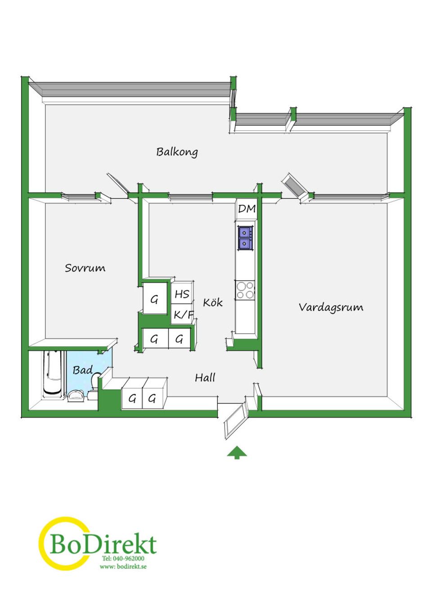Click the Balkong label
(x=177, y=152)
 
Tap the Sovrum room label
(x=85, y=268)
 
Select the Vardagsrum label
(x=331, y=307)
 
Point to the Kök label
(x=212, y=302)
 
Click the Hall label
(x=205, y=378)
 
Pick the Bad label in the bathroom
(x=82, y=370)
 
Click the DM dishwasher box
(x=247, y=209)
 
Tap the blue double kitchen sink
(x=245, y=238)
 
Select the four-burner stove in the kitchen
(x=245, y=290)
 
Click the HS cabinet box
(x=182, y=294)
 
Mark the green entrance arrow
(x=237, y=452)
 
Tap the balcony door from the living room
(x=294, y=185)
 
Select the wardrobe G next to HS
(x=154, y=299)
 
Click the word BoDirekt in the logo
(x=103, y=544)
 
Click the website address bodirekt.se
(x=123, y=566)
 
